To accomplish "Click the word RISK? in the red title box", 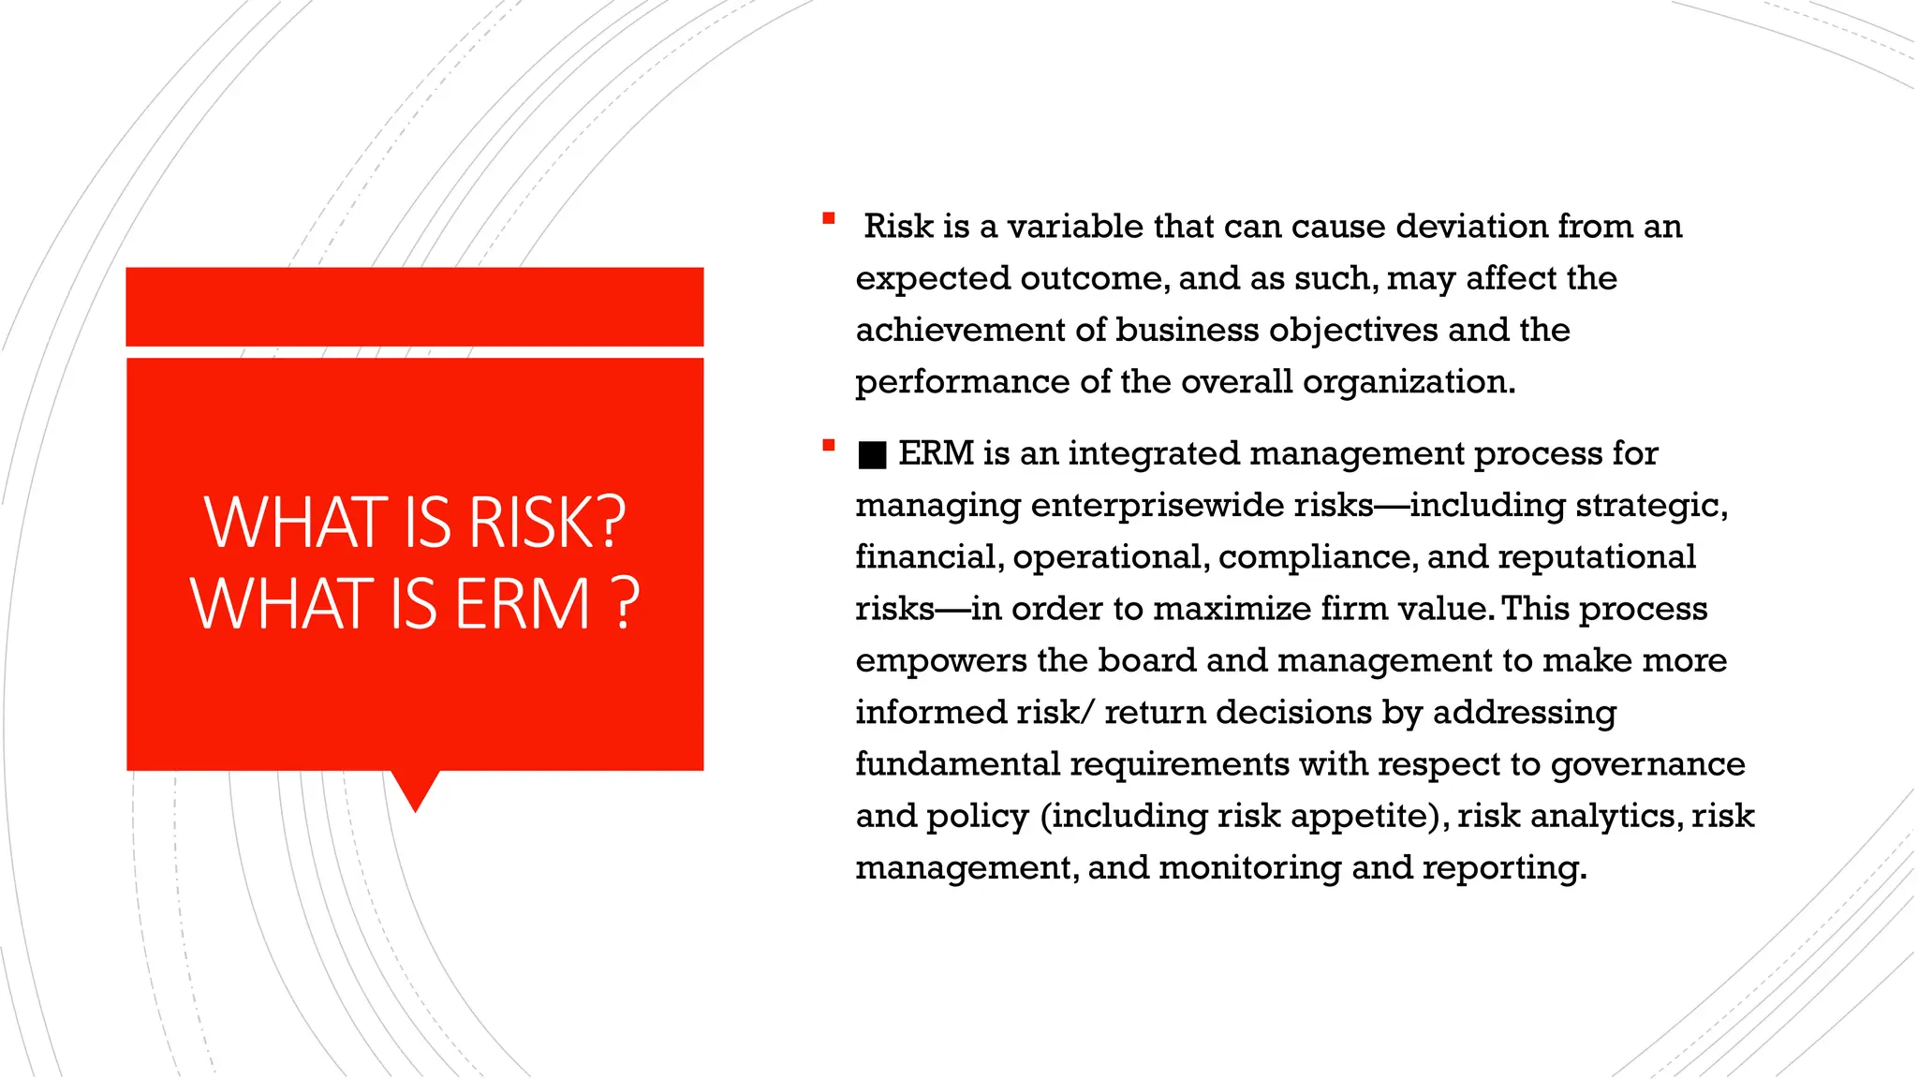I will pos(546,522).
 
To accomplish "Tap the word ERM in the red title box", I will pos(523,603).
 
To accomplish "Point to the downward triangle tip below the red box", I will pos(415,796).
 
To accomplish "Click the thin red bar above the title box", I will pos(414,306).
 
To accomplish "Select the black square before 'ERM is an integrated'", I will pos(872,455).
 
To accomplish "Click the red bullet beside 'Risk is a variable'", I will pos(828,219).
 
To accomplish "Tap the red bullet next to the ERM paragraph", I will pos(828,446).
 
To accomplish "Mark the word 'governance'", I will pos(1647,765).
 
